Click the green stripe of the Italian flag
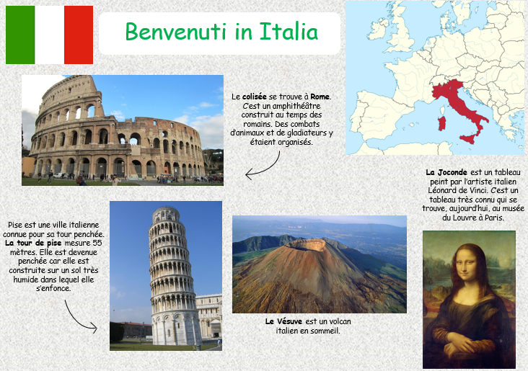pos(20,35)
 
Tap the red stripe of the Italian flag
pos(79,35)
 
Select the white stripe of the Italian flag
pos(49,35)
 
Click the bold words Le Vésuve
pos(281,321)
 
